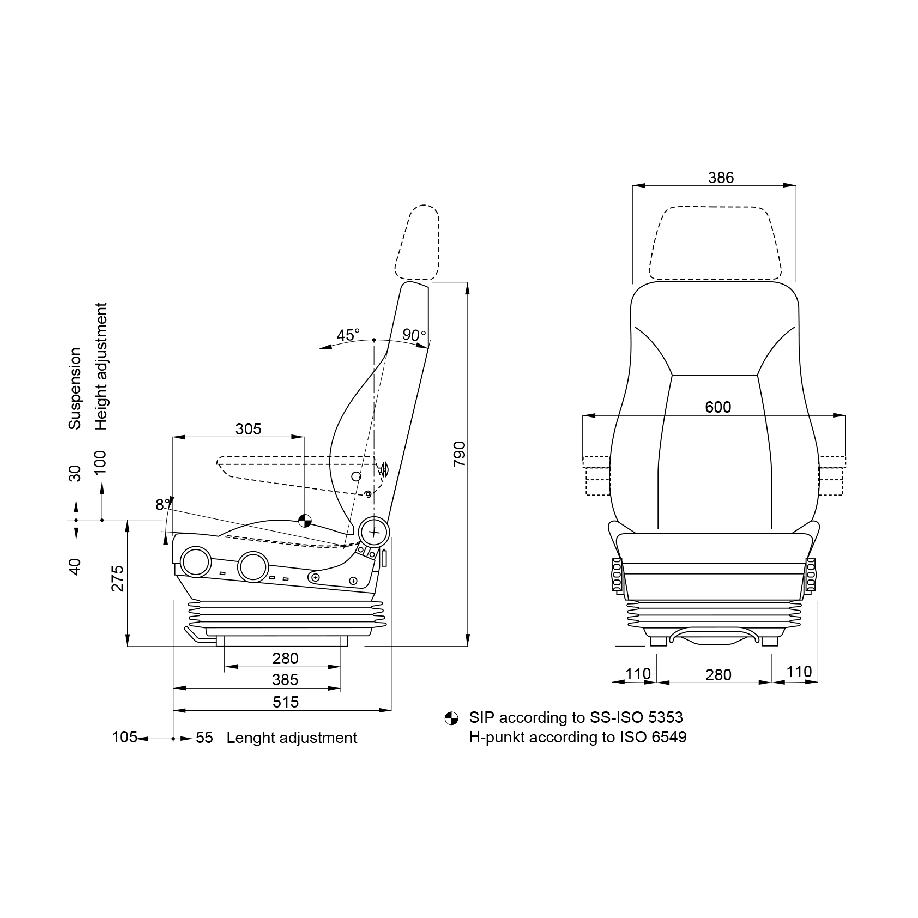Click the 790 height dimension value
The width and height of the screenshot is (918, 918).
pyautogui.click(x=459, y=454)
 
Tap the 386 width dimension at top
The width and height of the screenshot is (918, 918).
pyautogui.click(x=721, y=178)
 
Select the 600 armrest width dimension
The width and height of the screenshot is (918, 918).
pyautogui.click(x=717, y=407)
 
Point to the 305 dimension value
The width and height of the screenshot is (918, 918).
pyautogui.click(x=248, y=429)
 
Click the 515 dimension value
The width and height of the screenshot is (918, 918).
pyautogui.click(x=286, y=702)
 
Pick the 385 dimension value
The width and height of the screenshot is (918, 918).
pyautogui.click(x=285, y=680)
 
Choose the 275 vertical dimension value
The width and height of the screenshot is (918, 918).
pyautogui.click(x=118, y=578)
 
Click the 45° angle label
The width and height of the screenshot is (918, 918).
pyautogui.click(x=348, y=335)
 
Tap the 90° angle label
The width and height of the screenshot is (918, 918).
pyautogui.click(x=414, y=335)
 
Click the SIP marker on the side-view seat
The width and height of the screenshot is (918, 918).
pyautogui.click(x=304, y=521)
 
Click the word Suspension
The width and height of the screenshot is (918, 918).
pyautogui.click(x=75, y=388)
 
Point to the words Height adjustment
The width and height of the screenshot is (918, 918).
pyautogui.click(x=101, y=366)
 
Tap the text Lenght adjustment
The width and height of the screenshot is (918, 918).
pyautogui.click(x=292, y=738)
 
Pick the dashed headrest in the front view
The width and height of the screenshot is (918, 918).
pyautogui.click(x=714, y=244)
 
